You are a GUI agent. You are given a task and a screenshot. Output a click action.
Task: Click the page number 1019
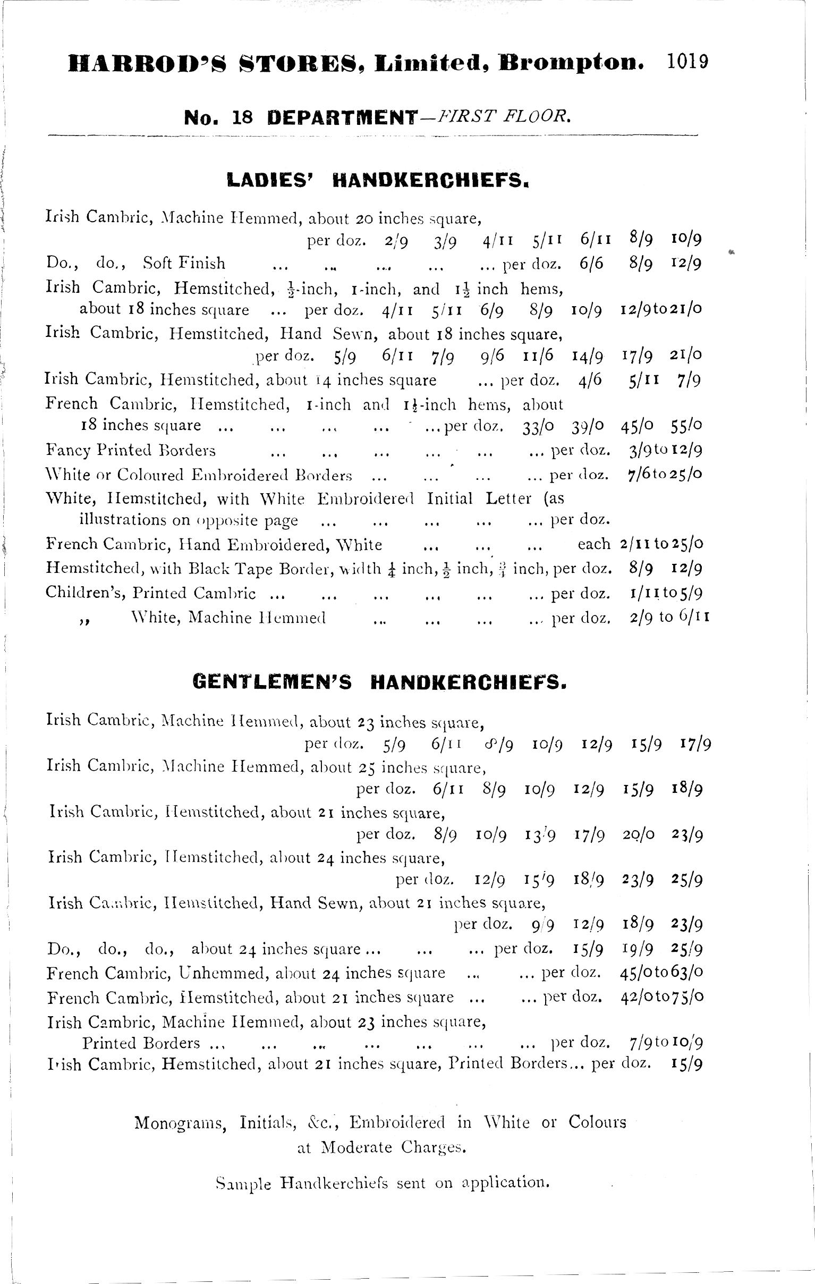pyautogui.click(x=686, y=62)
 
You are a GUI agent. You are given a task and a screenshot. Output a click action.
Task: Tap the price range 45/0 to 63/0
pyautogui.click(x=661, y=973)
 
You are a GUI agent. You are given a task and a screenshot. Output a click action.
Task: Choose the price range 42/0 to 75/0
pyautogui.click(x=661, y=996)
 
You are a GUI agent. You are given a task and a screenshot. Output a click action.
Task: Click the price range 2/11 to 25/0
pyautogui.click(x=661, y=544)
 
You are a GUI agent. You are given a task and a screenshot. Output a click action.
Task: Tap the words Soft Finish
pyautogui.click(x=184, y=263)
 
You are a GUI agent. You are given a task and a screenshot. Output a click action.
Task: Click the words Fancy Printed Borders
pyautogui.click(x=131, y=450)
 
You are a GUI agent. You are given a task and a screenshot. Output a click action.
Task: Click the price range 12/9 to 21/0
pyautogui.click(x=661, y=309)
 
